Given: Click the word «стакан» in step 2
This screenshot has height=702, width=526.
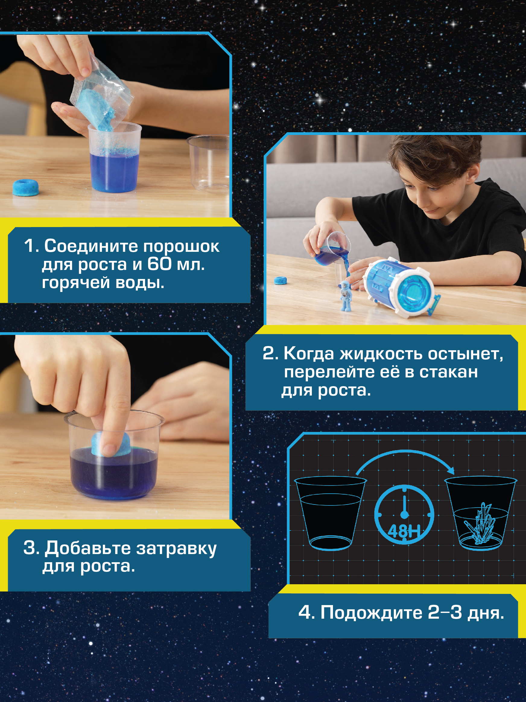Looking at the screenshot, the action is tap(448, 372).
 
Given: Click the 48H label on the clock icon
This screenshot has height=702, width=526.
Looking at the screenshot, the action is tap(404, 530).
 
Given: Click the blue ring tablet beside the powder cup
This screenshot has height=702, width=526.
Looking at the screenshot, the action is tap(26, 187).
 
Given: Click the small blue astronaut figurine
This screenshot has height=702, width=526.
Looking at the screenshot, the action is tap(345, 296).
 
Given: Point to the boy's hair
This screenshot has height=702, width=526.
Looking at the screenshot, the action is tap(434, 159).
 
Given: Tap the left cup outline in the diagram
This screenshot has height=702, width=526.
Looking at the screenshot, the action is tap(330, 513).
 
